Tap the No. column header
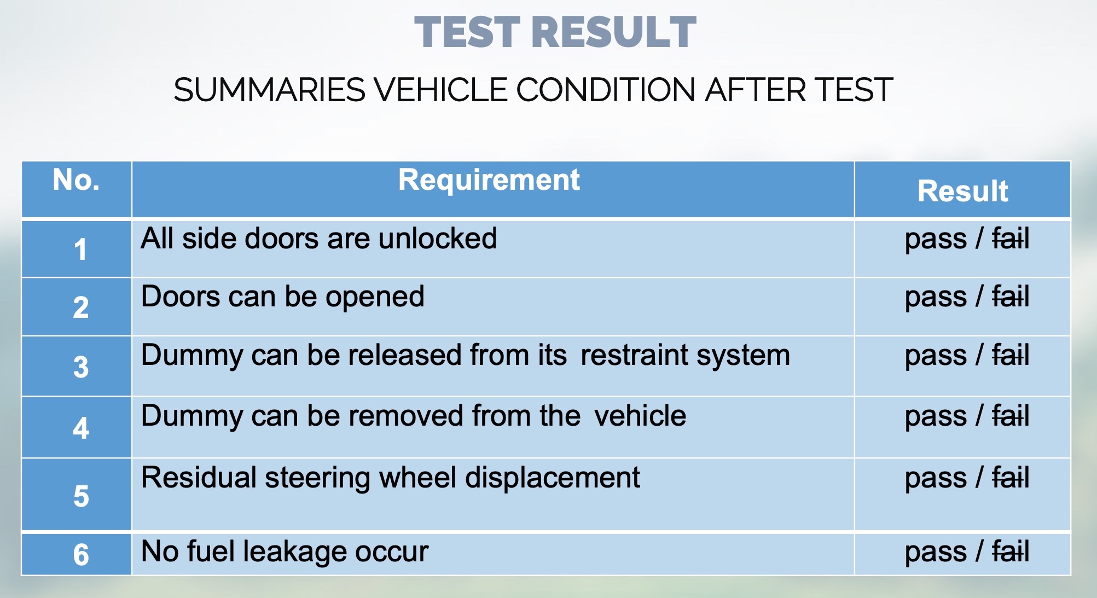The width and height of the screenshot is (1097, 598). click(76, 179)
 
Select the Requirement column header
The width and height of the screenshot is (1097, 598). click(489, 179)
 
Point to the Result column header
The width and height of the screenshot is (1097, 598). click(963, 191)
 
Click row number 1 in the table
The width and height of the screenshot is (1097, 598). click(80, 249)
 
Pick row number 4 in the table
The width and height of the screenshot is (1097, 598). click(81, 428)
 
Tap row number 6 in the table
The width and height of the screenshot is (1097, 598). click(81, 554)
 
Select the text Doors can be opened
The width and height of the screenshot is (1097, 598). click(282, 297)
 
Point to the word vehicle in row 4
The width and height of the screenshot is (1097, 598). click(640, 416)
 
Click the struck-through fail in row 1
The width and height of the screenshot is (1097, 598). click(1011, 239)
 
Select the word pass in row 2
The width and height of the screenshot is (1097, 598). click(936, 298)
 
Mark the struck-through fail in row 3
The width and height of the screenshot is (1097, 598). click(1011, 356)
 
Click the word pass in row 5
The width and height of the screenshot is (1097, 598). click(936, 479)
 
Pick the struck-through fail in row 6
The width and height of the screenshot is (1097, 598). click(1011, 551)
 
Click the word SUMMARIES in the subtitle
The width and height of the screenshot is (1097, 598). click(270, 90)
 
